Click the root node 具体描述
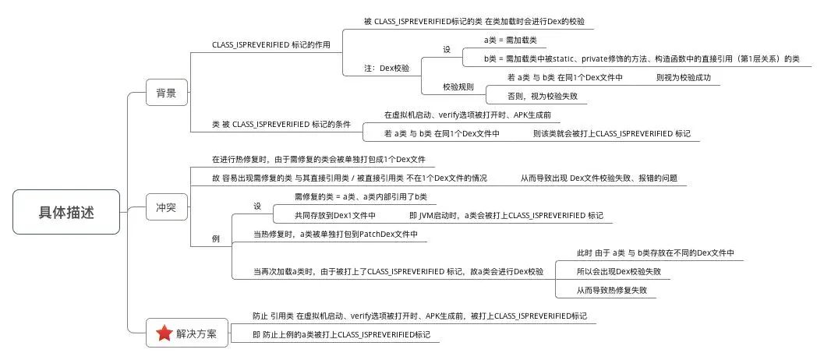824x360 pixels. (x=66, y=212)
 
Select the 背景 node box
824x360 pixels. (x=167, y=94)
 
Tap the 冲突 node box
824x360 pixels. (x=167, y=207)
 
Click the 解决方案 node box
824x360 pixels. (x=187, y=333)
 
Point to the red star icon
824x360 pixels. (x=164, y=333)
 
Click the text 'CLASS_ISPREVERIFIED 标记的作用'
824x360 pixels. (x=271, y=44)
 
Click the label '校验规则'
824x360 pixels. (x=458, y=87)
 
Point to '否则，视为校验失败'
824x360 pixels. (x=537, y=97)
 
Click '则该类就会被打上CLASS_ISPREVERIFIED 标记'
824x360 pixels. (x=612, y=134)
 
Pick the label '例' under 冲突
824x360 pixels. (x=215, y=239)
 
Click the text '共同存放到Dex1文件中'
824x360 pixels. (x=334, y=216)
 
